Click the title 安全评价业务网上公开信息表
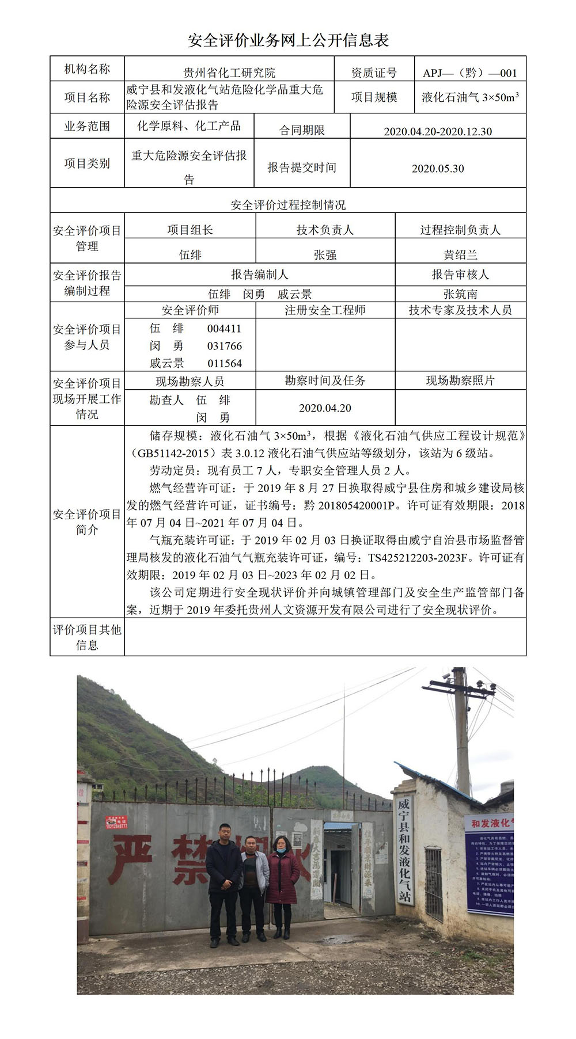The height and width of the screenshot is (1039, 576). pos(288,40)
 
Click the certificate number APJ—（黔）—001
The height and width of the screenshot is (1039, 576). pos(470,73)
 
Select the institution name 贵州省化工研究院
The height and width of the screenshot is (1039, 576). pos(229,73)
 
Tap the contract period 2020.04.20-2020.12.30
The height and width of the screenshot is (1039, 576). pos(438,131)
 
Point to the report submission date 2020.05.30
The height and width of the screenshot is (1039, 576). pos(438,169)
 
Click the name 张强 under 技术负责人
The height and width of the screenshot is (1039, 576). pos(325,254)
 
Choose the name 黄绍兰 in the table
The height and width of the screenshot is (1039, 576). pos(460,254)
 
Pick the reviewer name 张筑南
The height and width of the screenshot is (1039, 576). pos(460,294)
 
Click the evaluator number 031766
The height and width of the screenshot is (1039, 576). pos(225,346)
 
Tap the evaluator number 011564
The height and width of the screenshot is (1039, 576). pos(225,363)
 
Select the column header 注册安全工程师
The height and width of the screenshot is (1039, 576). pos(325,310)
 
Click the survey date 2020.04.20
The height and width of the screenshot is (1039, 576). pos(325,408)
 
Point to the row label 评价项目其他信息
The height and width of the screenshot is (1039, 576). pos(87,637)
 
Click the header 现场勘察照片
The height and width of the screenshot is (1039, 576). pos(460,380)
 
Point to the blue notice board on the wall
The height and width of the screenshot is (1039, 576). pos(490,863)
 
